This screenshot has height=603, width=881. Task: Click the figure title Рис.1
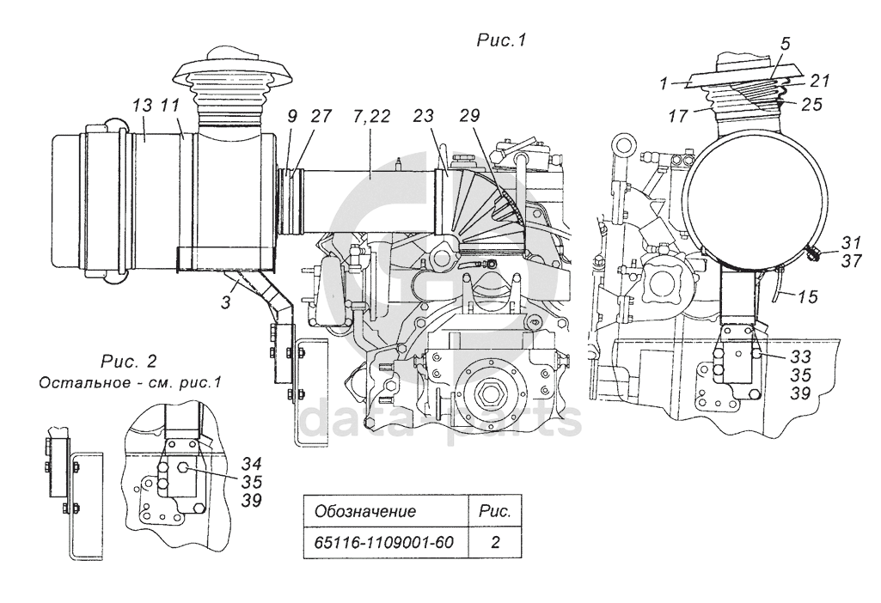click(500, 40)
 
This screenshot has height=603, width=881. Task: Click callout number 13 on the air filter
click(143, 106)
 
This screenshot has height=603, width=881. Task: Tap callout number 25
click(811, 105)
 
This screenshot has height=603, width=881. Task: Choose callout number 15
click(807, 297)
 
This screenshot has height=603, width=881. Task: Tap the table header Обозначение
click(365, 511)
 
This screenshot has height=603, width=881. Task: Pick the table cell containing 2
click(495, 543)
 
